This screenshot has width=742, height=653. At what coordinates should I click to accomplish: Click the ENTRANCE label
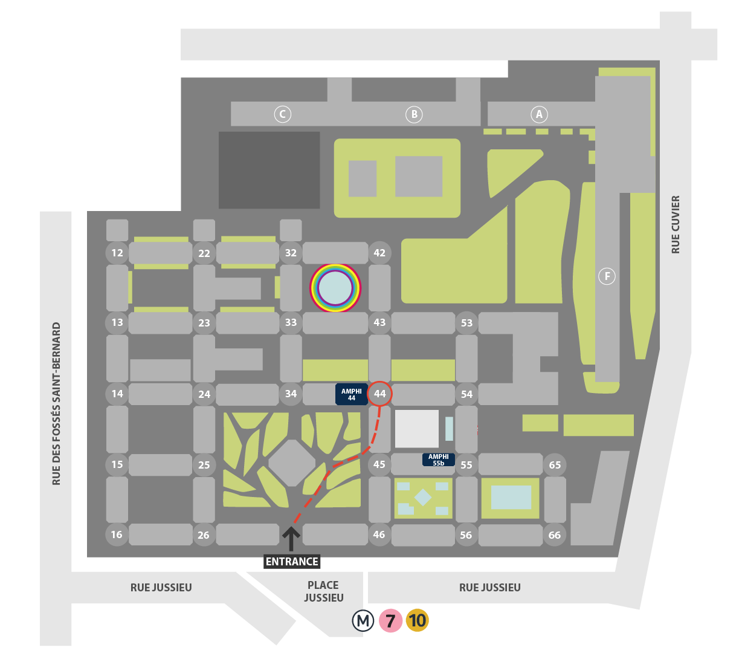pos(291,561)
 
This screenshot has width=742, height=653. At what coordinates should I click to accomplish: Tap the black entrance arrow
pos(291,539)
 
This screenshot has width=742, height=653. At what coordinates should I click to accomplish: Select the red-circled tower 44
pos(379,394)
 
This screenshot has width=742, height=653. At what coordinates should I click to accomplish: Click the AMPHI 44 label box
pos(352,394)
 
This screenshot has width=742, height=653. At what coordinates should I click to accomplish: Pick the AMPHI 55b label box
pos(439,460)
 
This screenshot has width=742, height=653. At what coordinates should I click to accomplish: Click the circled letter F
pos(607,276)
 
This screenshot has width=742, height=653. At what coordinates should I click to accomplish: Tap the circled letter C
pos(283,114)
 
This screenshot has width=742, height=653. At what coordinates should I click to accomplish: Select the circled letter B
pos(414,114)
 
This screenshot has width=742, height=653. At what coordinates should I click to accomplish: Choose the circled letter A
pos(539,114)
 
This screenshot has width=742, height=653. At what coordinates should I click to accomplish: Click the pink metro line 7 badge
pos(390,620)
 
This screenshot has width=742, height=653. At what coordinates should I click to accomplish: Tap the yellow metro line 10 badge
pos(417,620)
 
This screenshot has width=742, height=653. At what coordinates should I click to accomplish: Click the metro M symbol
pos(363,621)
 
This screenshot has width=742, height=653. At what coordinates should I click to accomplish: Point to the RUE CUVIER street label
pos(676,224)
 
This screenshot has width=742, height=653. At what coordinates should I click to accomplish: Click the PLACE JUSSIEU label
pos(323,591)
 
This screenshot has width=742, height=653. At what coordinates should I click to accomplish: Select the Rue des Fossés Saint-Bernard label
pos(56,404)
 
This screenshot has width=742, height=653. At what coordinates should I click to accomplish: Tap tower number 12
pos(117,253)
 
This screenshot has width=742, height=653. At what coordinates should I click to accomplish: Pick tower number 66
pos(555,535)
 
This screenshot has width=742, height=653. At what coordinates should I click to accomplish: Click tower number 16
pos(117,534)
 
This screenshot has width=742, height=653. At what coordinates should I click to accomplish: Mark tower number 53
pos(466,323)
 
